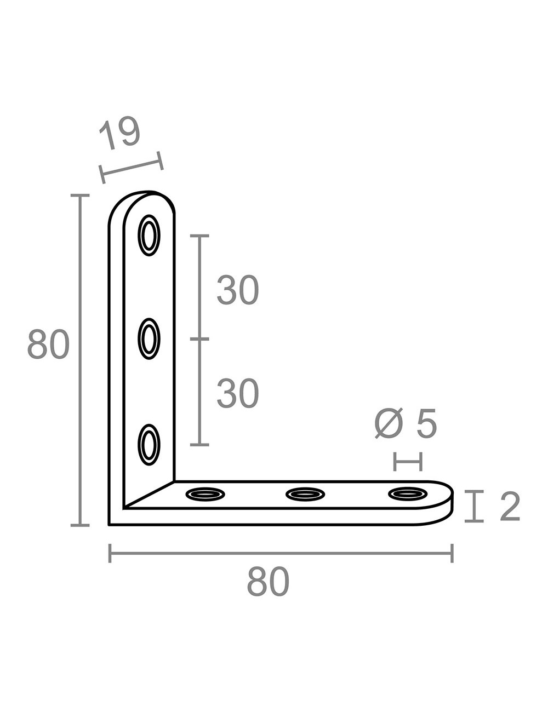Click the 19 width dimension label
[x=120, y=133]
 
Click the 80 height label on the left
[x=48, y=345]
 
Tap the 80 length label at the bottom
[x=267, y=582]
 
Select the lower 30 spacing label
[x=237, y=394]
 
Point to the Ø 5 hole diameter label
[x=406, y=424]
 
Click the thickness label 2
[x=510, y=507]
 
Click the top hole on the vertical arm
[x=149, y=236]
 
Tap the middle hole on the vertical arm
[x=149, y=339]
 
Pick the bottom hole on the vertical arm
[x=149, y=444]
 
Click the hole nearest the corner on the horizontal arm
[x=205, y=494]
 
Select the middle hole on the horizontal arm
[x=306, y=494]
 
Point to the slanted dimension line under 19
[x=132, y=168]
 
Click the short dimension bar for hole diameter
[x=408, y=462]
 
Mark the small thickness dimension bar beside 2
[x=474, y=507]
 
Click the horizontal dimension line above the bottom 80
[x=281, y=553]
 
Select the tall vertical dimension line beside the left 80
[x=80, y=360]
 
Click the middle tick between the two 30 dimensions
[x=199, y=340]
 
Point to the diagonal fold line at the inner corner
[x=149, y=495]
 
